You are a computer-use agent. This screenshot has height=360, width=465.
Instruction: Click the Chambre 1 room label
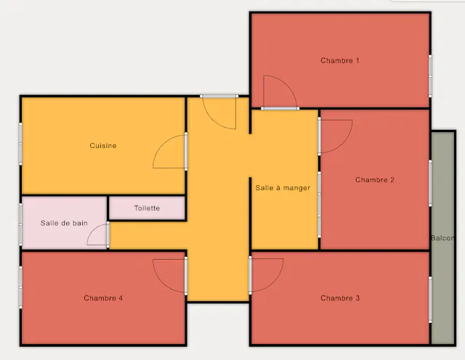point(340,60)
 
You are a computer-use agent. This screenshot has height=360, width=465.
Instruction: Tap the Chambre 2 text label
point(375,180)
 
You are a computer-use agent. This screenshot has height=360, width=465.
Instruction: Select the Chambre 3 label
point(340,298)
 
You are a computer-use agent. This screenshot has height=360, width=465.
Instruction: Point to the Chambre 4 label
point(103,298)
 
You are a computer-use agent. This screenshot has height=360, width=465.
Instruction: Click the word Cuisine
point(103,145)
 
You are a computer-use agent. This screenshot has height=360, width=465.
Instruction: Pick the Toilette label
point(147,208)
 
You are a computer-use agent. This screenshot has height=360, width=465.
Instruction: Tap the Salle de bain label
point(64,223)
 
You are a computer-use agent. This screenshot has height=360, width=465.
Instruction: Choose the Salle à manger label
point(283,188)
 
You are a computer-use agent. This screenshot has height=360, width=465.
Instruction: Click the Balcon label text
point(442,238)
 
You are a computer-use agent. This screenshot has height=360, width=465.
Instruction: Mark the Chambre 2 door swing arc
point(344,144)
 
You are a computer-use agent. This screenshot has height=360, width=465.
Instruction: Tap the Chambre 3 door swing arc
point(275,282)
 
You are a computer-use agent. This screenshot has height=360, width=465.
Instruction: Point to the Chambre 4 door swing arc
point(162,283)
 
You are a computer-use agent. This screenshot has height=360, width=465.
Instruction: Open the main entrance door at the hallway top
point(219,97)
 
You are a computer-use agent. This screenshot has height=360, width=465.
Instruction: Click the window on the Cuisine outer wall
point(20,144)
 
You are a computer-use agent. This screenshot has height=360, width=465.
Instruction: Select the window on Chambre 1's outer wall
point(430,76)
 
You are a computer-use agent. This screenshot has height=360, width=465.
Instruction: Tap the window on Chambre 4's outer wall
point(20,287)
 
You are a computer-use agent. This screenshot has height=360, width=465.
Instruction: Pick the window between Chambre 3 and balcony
point(430,300)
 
